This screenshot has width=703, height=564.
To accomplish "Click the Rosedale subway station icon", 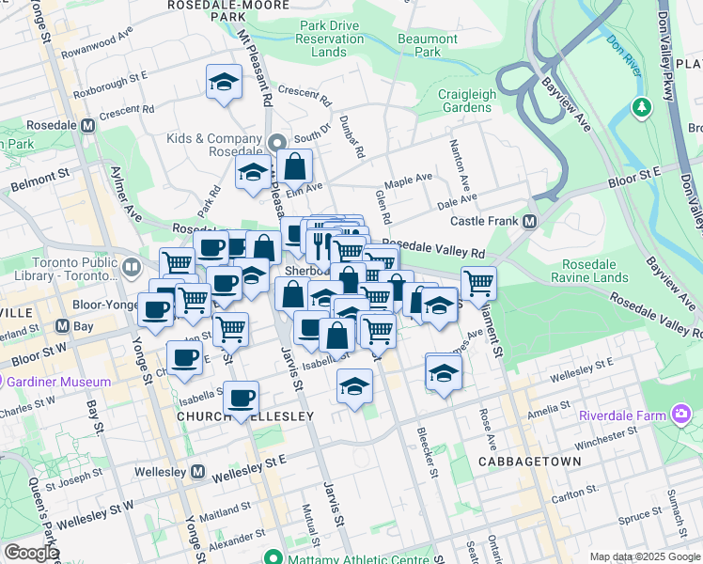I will tap(88, 125).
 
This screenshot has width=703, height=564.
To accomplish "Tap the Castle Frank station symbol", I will tap(529, 221).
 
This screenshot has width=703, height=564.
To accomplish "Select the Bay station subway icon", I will tap(62, 326).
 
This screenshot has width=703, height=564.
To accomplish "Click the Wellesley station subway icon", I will tap(197, 471).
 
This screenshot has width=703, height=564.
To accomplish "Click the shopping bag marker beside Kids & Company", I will tap(295, 167).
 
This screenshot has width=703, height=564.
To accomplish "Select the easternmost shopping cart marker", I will tap(478, 281).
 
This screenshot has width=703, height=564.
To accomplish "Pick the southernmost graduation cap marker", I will tap(353, 385).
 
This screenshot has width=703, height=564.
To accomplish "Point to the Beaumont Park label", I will tap(427, 46).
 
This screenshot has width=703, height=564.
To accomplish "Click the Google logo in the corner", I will tap(31, 552).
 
